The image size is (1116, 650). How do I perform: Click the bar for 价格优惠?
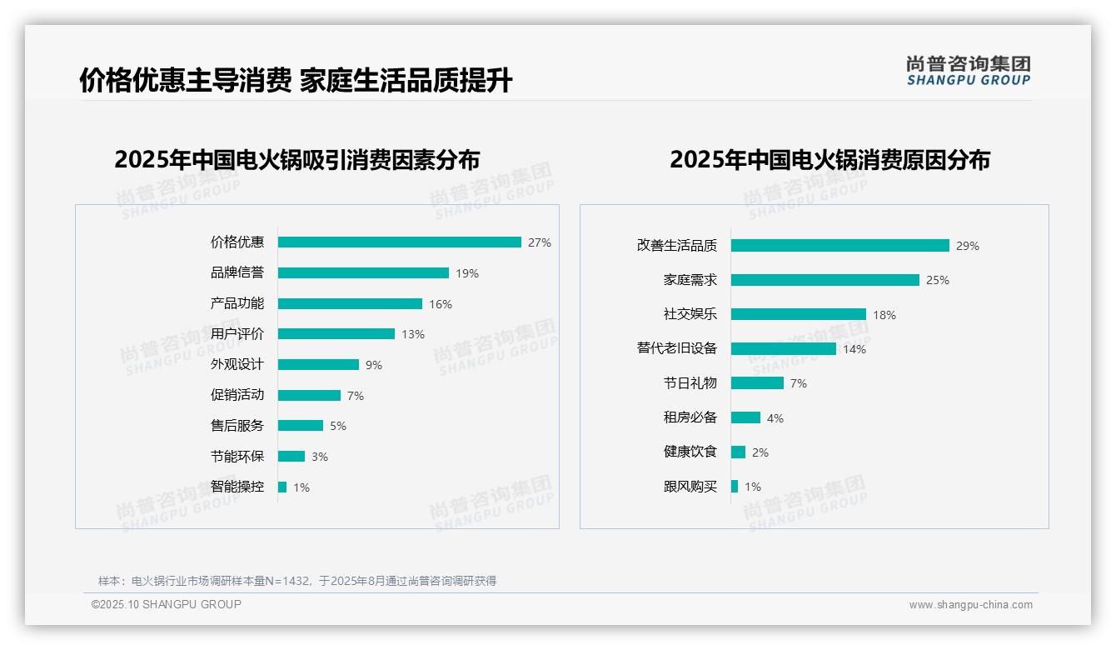coord(400,242)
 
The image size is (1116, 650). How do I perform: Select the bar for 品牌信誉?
coord(363,273)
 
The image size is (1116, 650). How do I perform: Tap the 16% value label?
coord(441,304)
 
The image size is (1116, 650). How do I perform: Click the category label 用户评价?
coord(237,334)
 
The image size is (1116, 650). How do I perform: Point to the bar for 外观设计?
coord(318,365)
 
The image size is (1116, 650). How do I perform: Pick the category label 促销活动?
coord(237,395)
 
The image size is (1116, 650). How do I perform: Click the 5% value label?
coord(337,426)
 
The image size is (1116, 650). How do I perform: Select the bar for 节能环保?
coord(291,457)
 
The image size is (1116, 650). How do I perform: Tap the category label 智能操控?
coord(237,487)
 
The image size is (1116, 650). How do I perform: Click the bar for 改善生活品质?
coord(840,246)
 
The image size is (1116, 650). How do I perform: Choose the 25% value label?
coord(938,280)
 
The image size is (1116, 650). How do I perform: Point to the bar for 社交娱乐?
coord(799,315)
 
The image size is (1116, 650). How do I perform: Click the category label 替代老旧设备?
coord(677,348)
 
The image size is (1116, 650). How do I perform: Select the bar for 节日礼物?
coord(757,383)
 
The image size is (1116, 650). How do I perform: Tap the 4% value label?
coord(775,418)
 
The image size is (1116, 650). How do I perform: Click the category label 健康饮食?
coord(690,452)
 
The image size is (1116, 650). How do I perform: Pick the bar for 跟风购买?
coord(735,487)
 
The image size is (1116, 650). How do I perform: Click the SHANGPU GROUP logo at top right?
coord(969,71)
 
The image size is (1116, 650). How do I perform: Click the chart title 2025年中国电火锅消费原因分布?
coord(830,160)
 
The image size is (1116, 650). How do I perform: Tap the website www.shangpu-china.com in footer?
coord(970,605)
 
